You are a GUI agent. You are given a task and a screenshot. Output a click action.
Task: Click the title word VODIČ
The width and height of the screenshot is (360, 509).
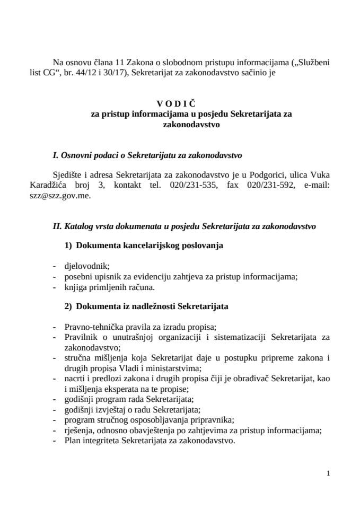coord(180,104)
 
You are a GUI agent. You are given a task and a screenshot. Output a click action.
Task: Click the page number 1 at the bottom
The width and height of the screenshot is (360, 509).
coord(329,473)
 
